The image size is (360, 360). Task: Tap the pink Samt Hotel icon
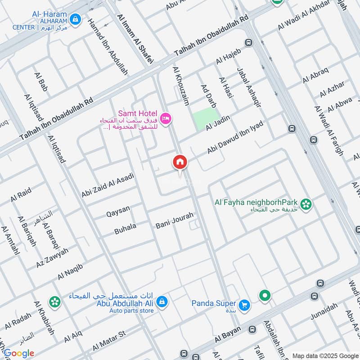coord(166,118)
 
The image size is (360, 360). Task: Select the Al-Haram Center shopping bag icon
coord(75,19)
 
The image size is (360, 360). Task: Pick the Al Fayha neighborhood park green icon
coord(306,204)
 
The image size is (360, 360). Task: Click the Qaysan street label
coord(118,210)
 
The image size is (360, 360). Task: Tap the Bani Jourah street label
coord(174,220)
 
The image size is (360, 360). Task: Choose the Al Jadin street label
coord(218,123)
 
